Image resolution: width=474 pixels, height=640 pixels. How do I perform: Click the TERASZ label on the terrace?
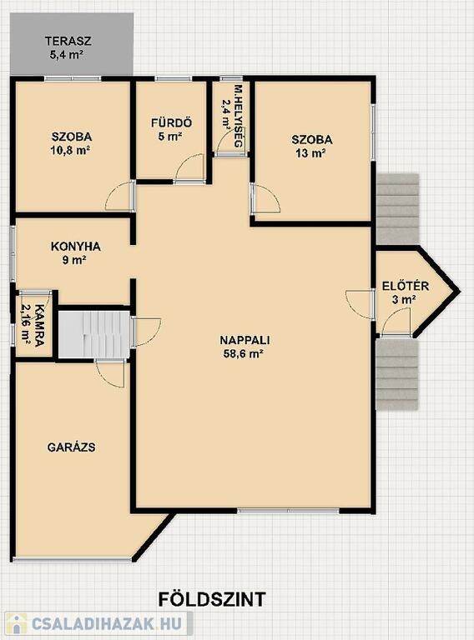click(68, 41)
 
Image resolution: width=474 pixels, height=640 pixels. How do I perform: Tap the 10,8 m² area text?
click(70, 151)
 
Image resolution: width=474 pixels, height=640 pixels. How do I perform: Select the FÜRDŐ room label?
click(171, 122)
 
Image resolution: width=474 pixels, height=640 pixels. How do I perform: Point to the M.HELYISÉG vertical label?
click(238, 117)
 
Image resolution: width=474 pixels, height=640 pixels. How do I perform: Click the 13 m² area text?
click(312, 153)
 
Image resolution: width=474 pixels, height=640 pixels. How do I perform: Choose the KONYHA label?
click(76, 247)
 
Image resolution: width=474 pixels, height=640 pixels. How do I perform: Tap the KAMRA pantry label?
click(39, 325)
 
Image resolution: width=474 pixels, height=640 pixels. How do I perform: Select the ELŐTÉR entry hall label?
click(406, 286)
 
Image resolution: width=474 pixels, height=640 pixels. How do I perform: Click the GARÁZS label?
click(72, 447)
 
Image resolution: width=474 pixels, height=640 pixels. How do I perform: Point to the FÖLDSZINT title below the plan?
click(212, 600)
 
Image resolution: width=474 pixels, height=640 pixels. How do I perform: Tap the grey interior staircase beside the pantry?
click(94, 334)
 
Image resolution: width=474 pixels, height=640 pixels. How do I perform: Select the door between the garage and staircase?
click(110, 373)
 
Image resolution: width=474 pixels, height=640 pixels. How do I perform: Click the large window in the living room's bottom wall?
click(288, 511)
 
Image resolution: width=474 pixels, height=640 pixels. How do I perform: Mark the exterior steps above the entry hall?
click(397, 209)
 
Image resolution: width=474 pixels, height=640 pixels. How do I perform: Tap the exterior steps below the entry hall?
click(397, 375)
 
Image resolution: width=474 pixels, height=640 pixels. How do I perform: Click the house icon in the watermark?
click(16, 624)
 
